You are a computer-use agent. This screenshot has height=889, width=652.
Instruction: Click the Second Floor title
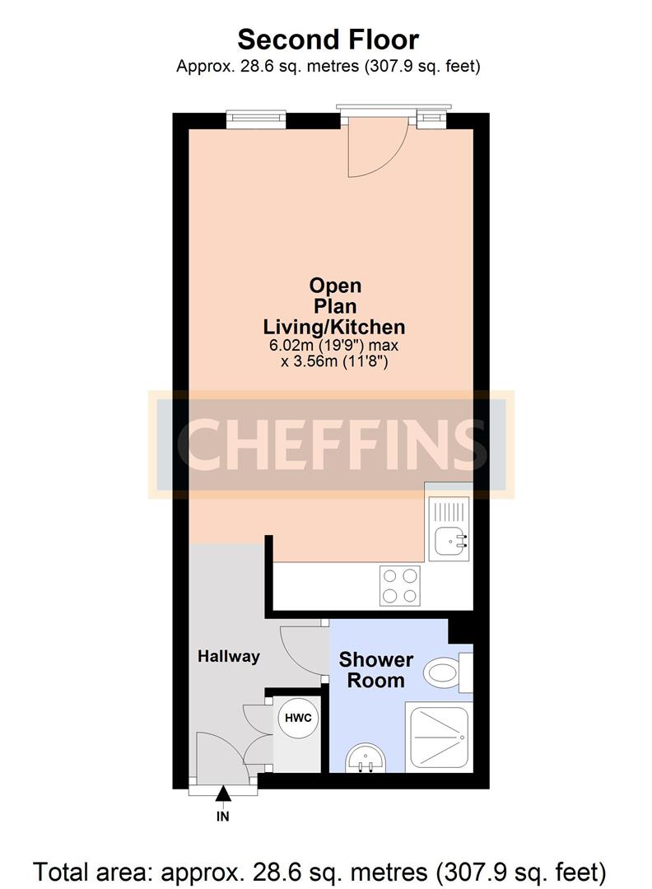click(x=328, y=40)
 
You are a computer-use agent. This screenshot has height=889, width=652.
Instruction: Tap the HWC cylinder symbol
click(x=298, y=718)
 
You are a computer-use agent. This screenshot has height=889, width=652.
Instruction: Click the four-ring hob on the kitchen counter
click(x=401, y=586)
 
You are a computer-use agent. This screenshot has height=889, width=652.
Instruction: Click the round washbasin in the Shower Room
click(x=366, y=759)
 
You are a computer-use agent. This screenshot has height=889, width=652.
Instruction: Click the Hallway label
click(x=229, y=657)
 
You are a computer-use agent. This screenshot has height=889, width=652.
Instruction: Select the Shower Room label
click(x=376, y=669)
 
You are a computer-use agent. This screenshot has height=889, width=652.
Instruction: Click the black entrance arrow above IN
click(x=223, y=794)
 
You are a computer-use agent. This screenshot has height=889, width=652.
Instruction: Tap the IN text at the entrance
click(x=223, y=817)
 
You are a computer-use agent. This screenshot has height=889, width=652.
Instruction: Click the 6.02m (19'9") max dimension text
click(x=333, y=345)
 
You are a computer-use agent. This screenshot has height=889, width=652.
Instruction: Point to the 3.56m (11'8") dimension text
click(x=334, y=361)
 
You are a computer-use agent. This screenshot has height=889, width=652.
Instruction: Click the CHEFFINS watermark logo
click(x=331, y=444)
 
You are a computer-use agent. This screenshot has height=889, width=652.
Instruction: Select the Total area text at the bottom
click(x=320, y=872)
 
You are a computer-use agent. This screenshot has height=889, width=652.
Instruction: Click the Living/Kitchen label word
click(x=334, y=327)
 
